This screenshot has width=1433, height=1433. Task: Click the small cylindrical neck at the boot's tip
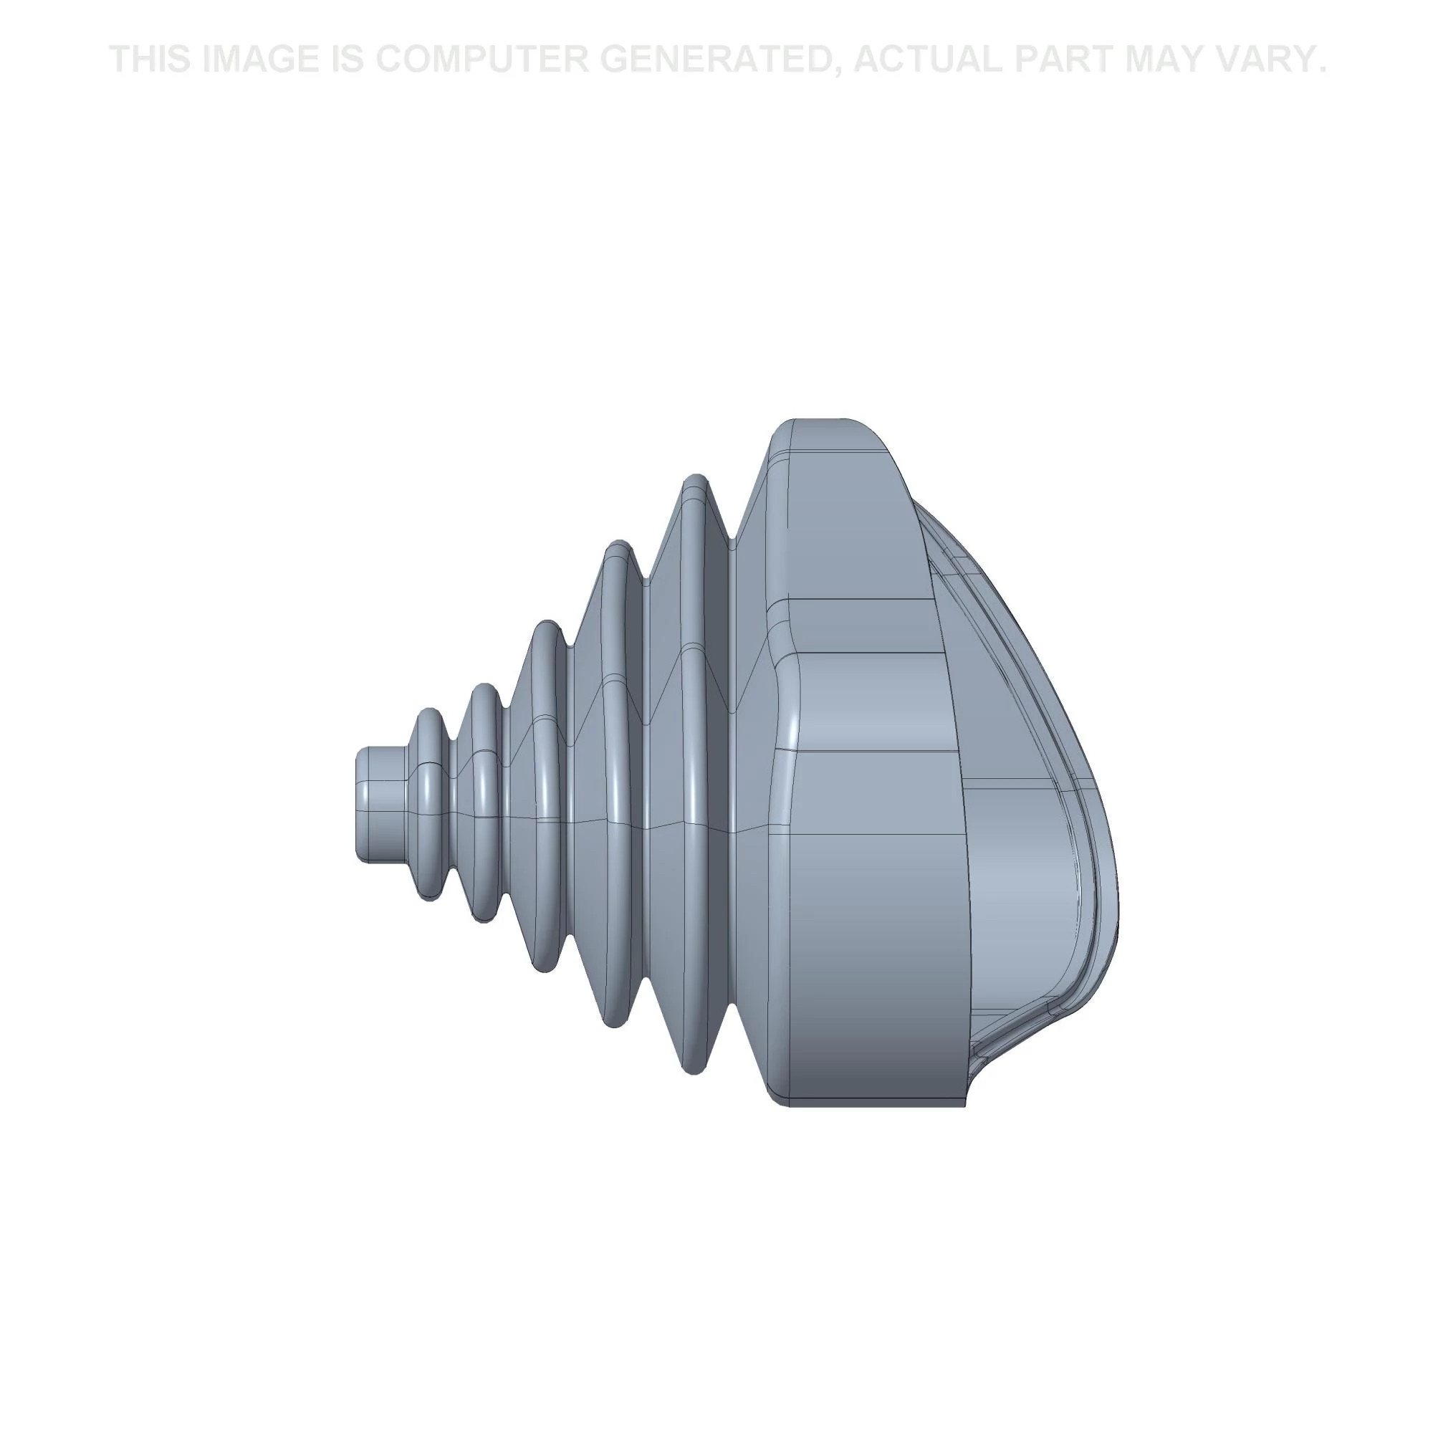[x=380, y=804]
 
